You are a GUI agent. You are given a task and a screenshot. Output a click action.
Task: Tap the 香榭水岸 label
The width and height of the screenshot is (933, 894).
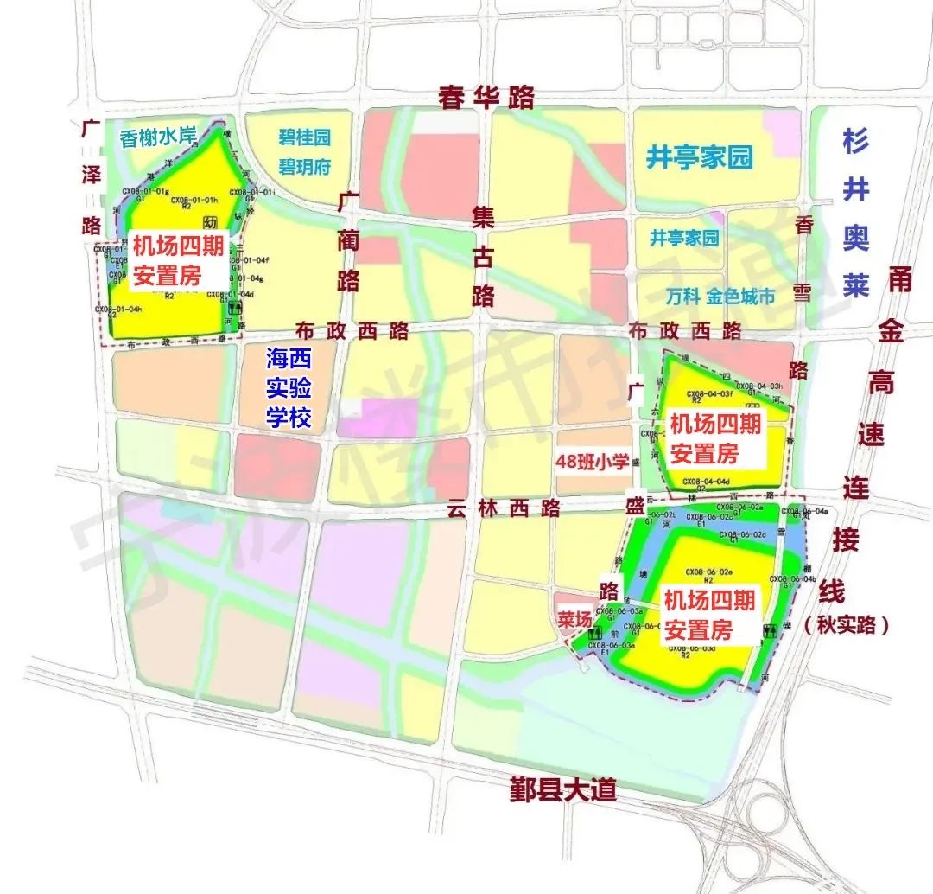click(158, 137)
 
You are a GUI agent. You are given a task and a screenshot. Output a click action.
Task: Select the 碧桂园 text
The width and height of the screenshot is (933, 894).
click(303, 137)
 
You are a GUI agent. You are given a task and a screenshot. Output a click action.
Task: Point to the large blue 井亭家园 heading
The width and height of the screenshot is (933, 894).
click(700, 157)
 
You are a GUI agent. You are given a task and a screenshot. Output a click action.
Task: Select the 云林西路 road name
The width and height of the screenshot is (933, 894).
click(504, 508)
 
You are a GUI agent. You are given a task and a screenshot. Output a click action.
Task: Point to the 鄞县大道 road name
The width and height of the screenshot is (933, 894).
click(562, 789)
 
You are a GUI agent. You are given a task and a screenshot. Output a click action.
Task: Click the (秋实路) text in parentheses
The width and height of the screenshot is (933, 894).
click(846, 625)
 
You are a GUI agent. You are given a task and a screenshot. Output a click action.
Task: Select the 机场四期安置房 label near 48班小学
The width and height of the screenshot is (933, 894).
click(715, 437)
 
